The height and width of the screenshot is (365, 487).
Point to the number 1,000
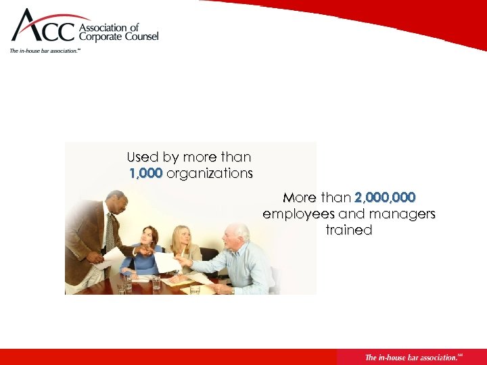coord(145,174)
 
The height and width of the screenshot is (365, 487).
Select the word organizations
coord(210,174)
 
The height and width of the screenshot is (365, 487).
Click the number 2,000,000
coord(385,198)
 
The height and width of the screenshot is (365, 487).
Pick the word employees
coord(298,214)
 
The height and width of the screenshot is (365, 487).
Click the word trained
coord(349,230)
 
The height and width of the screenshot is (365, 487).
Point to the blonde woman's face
coord(182,236)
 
